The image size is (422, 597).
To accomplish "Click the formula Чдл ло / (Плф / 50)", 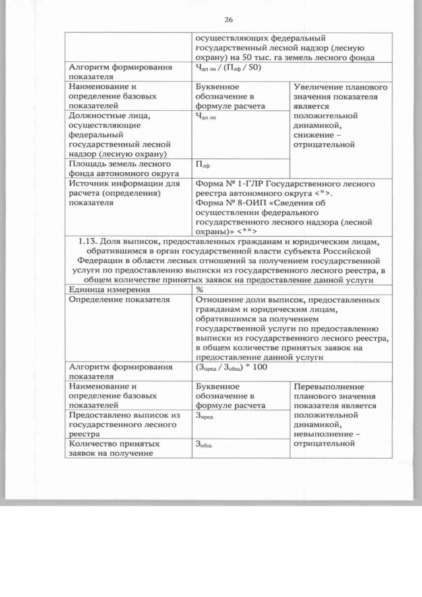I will [x=229, y=67].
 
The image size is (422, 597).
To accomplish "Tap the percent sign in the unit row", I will [x=199, y=289].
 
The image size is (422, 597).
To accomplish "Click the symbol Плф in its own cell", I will [x=202, y=164].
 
